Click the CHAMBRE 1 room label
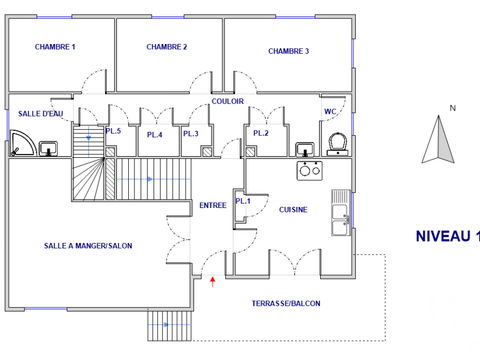coord(55,47)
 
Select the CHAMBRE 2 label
coord(167,47)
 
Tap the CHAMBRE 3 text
coord(289,51)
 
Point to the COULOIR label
coord(228,102)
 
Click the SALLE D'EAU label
coord(40,114)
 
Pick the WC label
coord(329,111)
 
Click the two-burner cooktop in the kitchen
coord(308,170)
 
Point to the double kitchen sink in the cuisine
coord(342,213)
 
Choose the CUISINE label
coord(293,210)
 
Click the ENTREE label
coord(212,205)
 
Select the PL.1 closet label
coord(242,201)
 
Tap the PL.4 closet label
coord(155,135)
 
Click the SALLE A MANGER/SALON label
coord(88,245)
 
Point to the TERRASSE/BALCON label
coord(286,302)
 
